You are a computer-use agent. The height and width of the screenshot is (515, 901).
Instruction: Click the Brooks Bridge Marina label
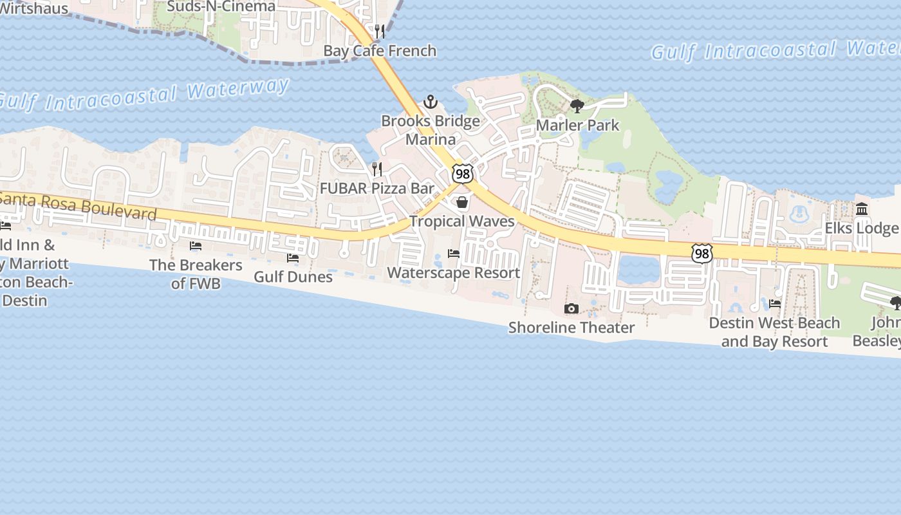pos(431,130)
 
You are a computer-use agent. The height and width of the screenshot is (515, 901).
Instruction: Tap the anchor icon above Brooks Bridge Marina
pos(430,102)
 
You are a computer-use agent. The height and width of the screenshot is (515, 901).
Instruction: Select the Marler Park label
pos(577,125)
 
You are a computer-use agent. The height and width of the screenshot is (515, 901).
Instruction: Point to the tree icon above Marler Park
pos(577,106)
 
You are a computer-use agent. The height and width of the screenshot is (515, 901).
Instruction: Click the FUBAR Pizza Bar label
pos(377,189)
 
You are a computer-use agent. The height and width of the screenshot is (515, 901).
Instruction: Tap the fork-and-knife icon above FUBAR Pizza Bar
pos(377,169)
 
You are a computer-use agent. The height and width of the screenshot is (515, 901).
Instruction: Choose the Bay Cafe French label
pos(380,51)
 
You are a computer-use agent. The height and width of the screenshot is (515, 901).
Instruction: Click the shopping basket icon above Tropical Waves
pos(462,202)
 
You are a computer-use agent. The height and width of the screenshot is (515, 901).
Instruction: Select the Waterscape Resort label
pos(454,272)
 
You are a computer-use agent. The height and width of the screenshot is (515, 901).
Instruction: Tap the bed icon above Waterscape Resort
pos(454,254)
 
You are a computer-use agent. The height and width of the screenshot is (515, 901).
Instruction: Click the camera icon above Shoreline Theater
pos(571,309)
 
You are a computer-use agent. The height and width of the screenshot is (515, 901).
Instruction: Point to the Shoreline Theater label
pos(571,328)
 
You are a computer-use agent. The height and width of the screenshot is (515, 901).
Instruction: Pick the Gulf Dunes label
pos(293,277)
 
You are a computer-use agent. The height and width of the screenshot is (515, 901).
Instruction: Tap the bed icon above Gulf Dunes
pos(293,258)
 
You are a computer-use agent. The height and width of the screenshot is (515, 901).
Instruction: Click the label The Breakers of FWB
pos(196,274)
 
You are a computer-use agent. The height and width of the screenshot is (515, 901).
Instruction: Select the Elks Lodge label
pos(862,229)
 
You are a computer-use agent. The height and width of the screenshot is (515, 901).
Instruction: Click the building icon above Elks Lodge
pos(862,209)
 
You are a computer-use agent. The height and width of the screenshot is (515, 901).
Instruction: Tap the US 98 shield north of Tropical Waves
pos(463,173)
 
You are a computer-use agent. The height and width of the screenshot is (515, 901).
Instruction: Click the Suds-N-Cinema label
pos(221,6)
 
